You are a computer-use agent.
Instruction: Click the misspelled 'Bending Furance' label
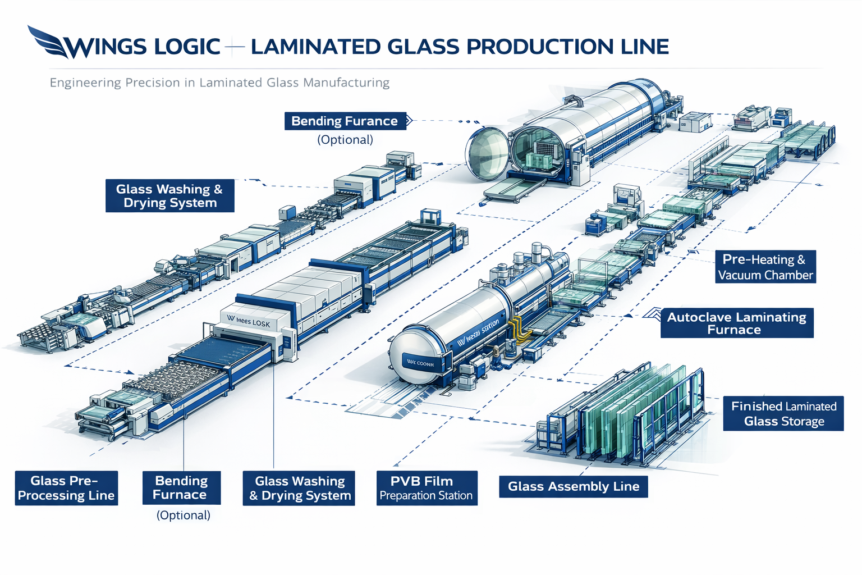pyautogui.click(x=345, y=121)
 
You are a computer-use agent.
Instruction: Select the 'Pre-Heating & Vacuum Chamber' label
pyautogui.click(x=765, y=267)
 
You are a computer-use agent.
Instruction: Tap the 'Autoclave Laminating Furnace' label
pyautogui.click(x=736, y=323)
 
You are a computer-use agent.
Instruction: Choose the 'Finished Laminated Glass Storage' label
pyautogui.click(x=783, y=414)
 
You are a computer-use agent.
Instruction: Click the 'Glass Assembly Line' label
pyautogui.click(x=574, y=487)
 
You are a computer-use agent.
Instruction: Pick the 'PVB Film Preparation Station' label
pyautogui.click(x=427, y=488)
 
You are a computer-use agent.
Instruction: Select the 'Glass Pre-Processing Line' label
pyautogui.click(x=66, y=488)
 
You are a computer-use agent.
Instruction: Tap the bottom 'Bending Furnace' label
pyautogui.click(x=181, y=488)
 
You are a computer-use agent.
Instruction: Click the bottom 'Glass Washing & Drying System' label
pyautogui.click(x=299, y=488)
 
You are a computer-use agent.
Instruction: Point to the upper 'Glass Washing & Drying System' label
pyautogui.click(x=169, y=196)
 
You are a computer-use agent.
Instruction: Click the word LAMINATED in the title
pyautogui.click(x=315, y=47)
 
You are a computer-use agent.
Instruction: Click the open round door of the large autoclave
pyautogui.click(x=487, y=153)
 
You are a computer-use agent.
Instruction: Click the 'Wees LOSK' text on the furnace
pyautogui.click(x=249, y=321)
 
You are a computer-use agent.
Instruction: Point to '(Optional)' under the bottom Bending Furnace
pyautogui.click(x=183, y=515)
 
